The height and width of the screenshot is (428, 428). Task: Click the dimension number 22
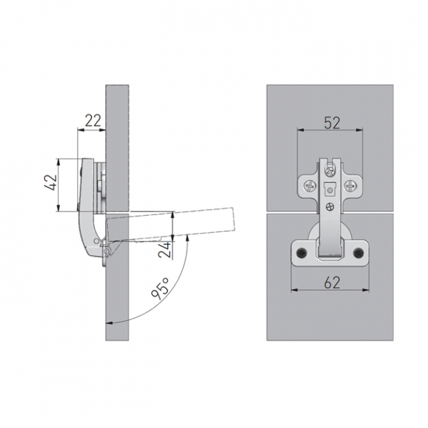(x=93, y=120)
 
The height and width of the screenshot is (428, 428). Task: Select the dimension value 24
(x=166, y=250)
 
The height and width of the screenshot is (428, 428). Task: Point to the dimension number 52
(x=332, y=123)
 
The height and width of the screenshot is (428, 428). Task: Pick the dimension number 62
(x=332, y=283)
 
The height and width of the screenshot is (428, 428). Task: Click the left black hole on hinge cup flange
(x=302, y=252)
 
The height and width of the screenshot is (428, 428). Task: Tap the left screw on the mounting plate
(x=310, y=187)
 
